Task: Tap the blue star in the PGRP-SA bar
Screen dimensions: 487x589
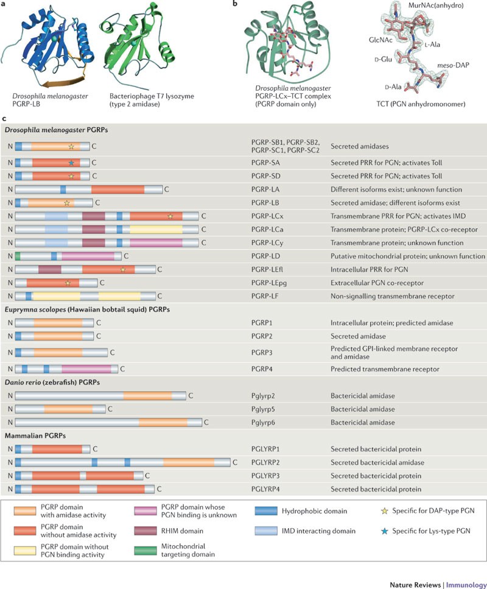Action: [x=71, y=163]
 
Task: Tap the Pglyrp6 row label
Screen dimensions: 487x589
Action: [x=264, y=421]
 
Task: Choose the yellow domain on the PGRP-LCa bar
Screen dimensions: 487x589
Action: [x=155, y=229]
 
